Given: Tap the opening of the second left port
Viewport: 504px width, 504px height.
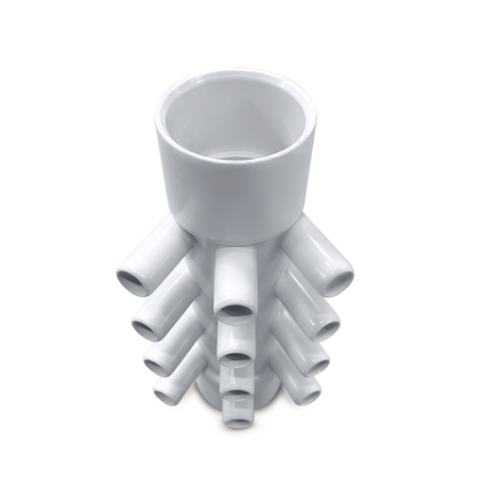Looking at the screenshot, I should pos(147,328).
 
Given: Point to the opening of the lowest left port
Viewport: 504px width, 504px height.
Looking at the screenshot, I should pos(166,391).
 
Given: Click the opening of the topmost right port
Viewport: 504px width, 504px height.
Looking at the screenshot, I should pos(338,279).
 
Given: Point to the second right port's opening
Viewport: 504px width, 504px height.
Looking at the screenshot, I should pos(324,328).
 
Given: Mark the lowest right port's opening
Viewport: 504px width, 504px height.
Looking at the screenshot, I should pos(306,391).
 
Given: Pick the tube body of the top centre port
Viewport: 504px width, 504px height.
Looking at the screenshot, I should pos(235,274).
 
